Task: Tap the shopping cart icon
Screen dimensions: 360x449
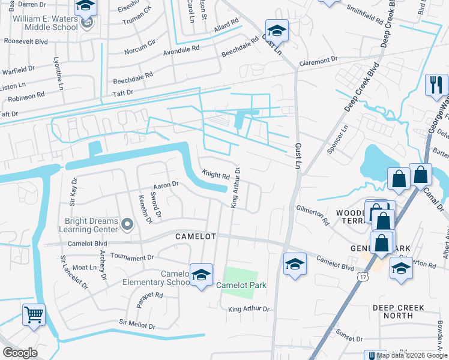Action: click(34, 314)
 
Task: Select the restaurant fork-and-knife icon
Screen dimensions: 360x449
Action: click(436, 85)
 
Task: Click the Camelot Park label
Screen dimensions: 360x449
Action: click(241, 285)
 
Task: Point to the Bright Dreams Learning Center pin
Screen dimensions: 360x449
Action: click(127, 225)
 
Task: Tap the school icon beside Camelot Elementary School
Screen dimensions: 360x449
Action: click(201, 275)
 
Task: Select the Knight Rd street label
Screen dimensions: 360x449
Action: click(216, 176)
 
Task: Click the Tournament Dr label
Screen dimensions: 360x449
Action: click(132, 257)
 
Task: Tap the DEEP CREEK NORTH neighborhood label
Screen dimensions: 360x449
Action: click(398, 311)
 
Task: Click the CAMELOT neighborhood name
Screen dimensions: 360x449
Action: click(195, 236)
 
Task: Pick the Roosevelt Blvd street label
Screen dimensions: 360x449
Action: click(25, 42)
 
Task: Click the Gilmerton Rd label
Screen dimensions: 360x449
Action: click(313, 214)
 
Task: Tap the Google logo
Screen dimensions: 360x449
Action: click(20, 353)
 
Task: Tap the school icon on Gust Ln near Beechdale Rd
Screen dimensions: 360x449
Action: click(277, 31)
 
